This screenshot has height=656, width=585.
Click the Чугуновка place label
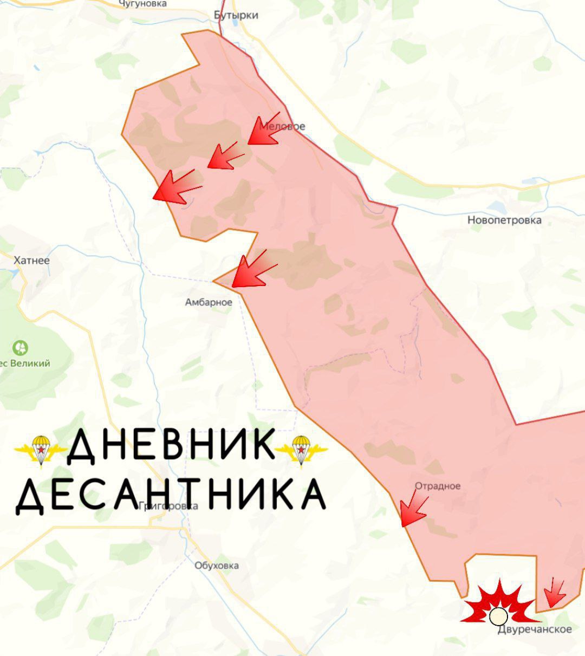point(143,4)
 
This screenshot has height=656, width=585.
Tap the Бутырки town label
point(236,15)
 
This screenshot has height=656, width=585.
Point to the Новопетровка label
point(504,220)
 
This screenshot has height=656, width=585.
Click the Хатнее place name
point(31,261)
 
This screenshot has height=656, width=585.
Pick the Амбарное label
point(209,302)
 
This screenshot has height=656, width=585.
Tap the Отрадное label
point(438,486)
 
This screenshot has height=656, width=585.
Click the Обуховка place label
point(217,566)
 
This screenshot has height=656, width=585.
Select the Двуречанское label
point(535,629)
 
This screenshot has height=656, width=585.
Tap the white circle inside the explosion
point(498,616)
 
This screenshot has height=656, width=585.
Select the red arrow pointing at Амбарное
point(252,270)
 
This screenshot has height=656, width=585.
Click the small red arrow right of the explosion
point(554,593)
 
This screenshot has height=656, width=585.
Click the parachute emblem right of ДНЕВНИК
point(301,449)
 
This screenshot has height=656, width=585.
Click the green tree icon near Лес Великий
point(20,347)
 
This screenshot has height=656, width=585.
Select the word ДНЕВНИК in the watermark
point(171,446)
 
